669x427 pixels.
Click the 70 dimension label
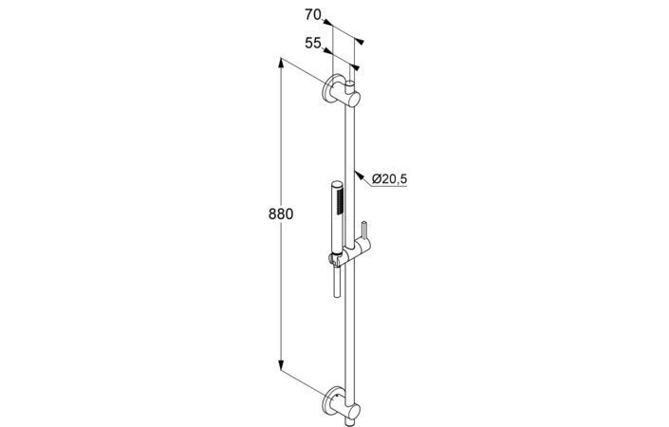click(313, 14)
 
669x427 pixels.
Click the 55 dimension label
click(313, 43)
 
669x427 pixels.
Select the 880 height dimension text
click(281, 213)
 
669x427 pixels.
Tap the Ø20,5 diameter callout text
click(389, 178)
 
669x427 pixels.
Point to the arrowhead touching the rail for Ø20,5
click(360, 176)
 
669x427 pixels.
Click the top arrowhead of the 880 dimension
click(281, 64)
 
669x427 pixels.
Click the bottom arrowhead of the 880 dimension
click(281, 365)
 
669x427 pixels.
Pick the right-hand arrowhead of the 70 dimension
click(360, 42)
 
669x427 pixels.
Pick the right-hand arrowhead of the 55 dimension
click(355, 67)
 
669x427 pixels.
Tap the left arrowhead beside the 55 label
click(326, 50)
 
